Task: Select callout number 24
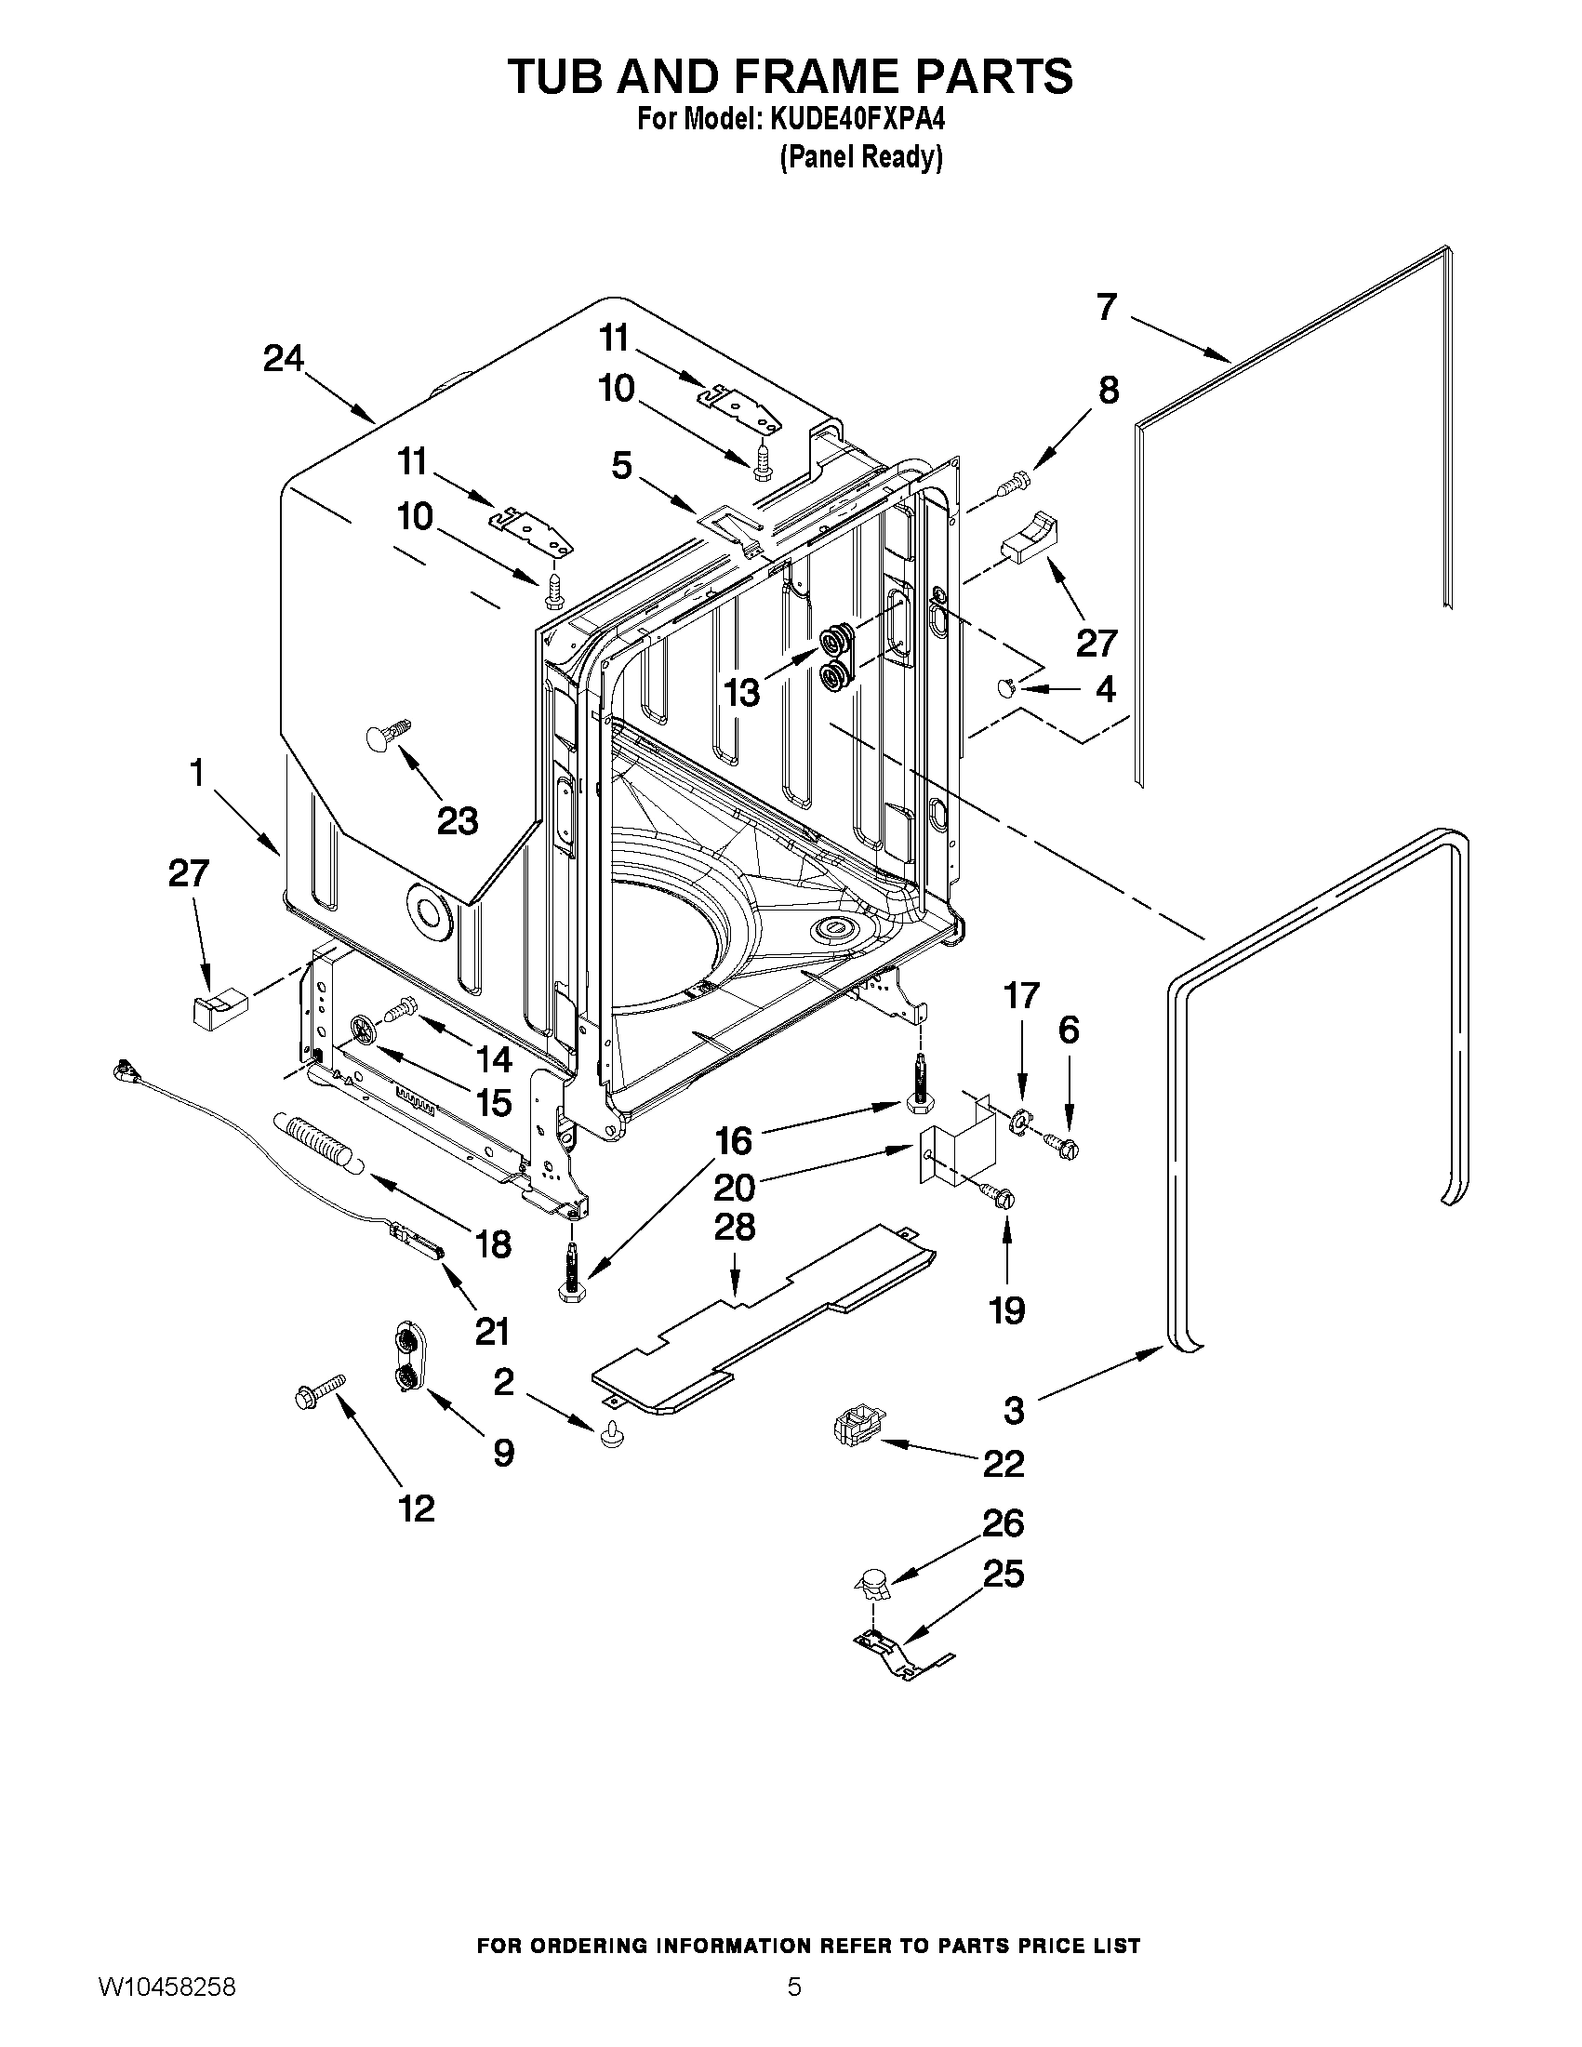tap(283, 359)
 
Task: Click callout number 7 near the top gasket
tap(1107, 307)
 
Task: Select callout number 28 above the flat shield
tap(734, 1228)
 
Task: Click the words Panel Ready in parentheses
tap(860, 157)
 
